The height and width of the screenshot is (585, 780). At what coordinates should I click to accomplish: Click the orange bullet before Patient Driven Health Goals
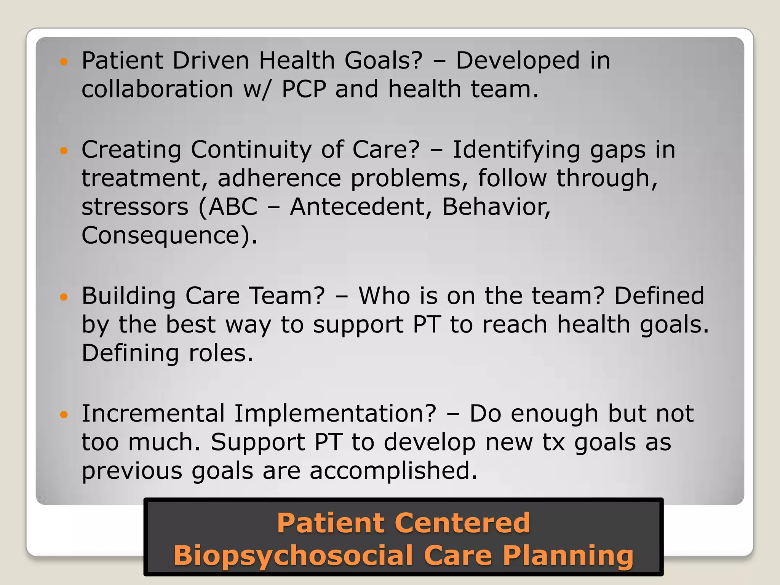(64, 61)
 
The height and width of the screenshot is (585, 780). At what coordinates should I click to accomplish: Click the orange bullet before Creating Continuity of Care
(64, 150)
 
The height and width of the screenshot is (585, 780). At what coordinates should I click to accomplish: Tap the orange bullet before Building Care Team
(64, 297)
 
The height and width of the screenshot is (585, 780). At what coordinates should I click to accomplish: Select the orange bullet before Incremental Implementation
(64, 414)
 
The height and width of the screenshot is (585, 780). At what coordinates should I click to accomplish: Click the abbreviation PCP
(304, 89)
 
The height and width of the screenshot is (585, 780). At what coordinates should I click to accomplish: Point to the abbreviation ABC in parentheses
(233, 207)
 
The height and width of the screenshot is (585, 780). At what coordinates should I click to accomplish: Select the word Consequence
(160, 235)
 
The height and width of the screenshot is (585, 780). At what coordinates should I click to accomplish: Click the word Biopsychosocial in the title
(293, 555)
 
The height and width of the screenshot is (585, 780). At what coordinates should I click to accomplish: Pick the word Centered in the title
(462, 523)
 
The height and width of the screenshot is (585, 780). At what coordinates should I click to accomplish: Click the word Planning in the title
(568, 556)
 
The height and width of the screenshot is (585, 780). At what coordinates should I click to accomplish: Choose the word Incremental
(153, 414)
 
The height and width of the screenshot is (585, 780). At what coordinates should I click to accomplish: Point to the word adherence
(279, 178)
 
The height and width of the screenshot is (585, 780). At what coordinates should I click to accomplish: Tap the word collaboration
(157, 89)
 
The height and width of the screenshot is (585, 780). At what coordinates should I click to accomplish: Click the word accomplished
(393, 471)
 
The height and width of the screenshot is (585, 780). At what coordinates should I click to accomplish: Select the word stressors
(135, 207)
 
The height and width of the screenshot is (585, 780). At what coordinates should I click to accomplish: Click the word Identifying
(516, 150)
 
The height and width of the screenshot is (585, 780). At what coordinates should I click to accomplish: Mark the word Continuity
(251, 150)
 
